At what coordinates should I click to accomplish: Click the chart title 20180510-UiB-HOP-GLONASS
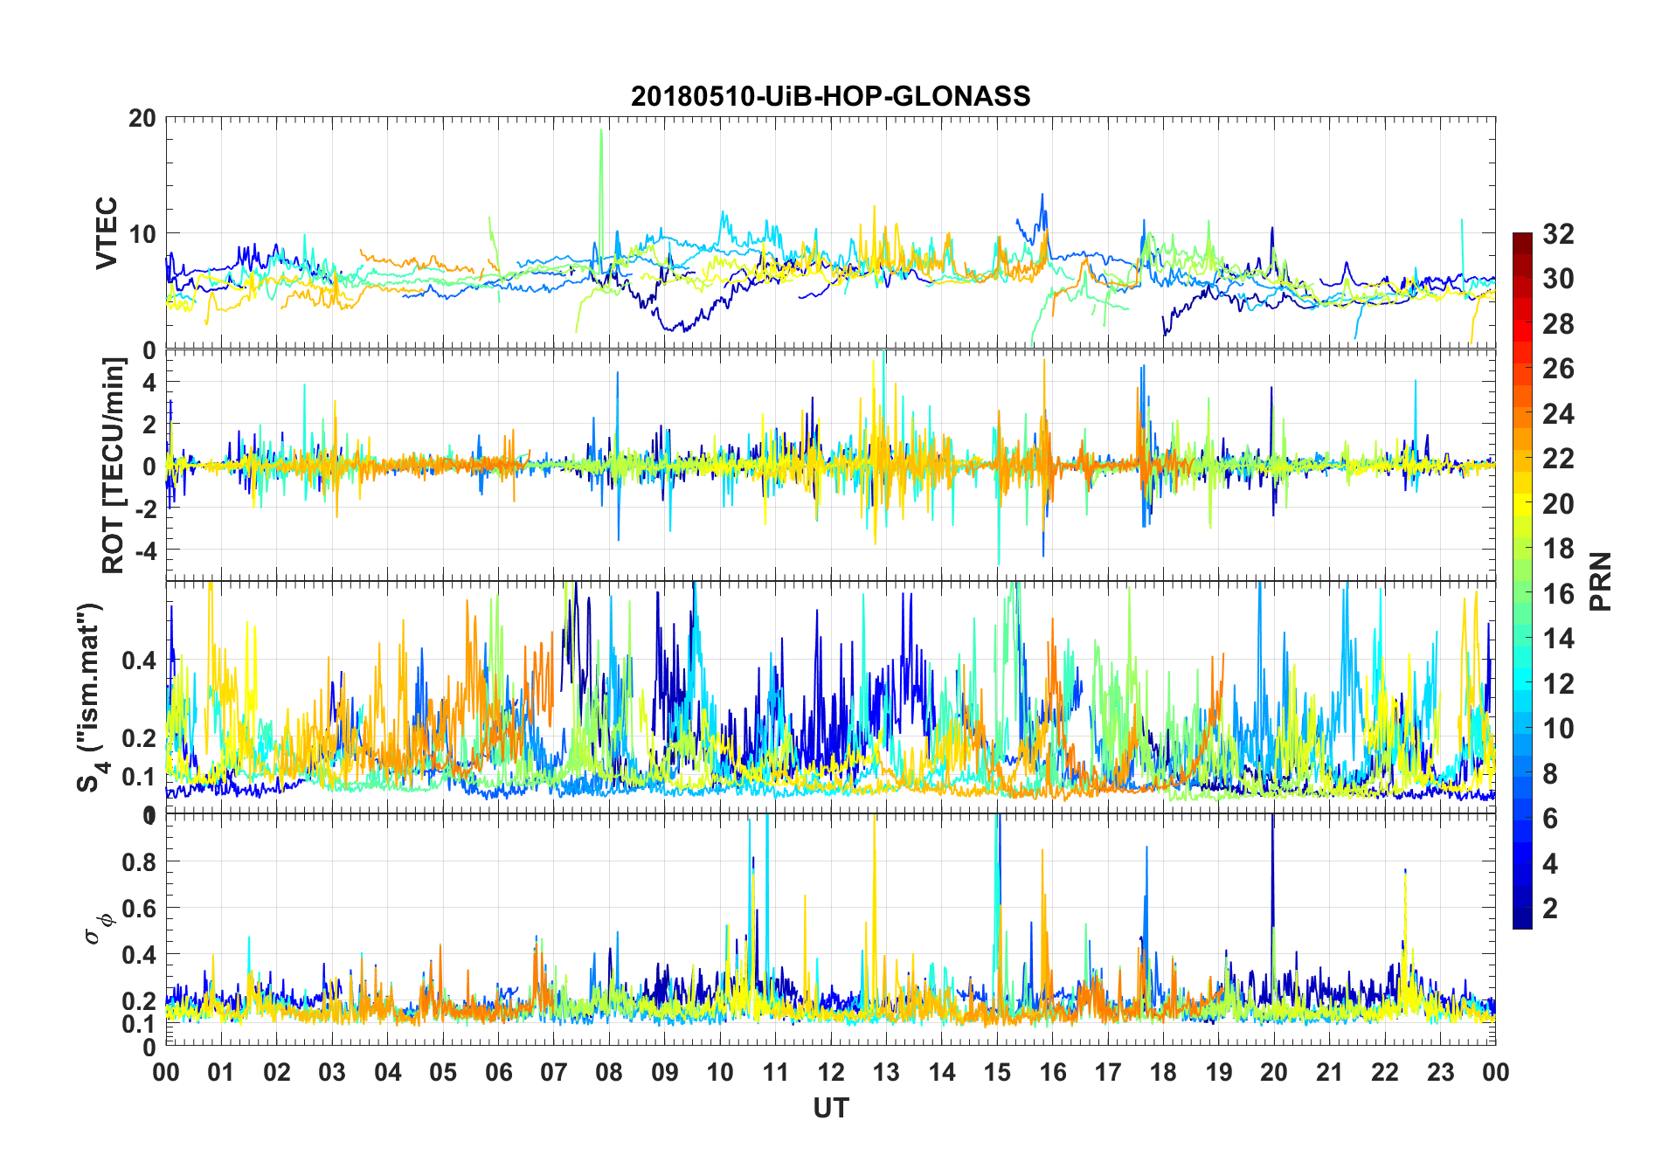[830, 96]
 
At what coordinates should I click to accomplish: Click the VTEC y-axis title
[106, 233]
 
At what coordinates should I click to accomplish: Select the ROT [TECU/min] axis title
[113, 466]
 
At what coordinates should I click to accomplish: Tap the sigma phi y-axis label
[99, 926]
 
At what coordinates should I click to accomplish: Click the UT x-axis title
[830, 1108]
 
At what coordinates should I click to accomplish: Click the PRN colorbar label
[1599, 581]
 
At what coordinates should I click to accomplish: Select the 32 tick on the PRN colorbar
[1558, 234]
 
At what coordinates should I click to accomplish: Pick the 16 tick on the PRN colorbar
[1558, 594]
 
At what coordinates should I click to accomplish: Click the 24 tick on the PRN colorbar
[1558, 414]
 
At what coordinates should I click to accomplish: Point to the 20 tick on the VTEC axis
[142, 119]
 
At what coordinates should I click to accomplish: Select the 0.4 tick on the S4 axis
[139, 661]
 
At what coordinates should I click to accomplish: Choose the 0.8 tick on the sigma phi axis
[139, 861]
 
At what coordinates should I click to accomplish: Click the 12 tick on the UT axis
[830, 1073]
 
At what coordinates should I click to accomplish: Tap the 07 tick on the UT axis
[554, 1073]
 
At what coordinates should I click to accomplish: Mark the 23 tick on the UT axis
[1440, 1073]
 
